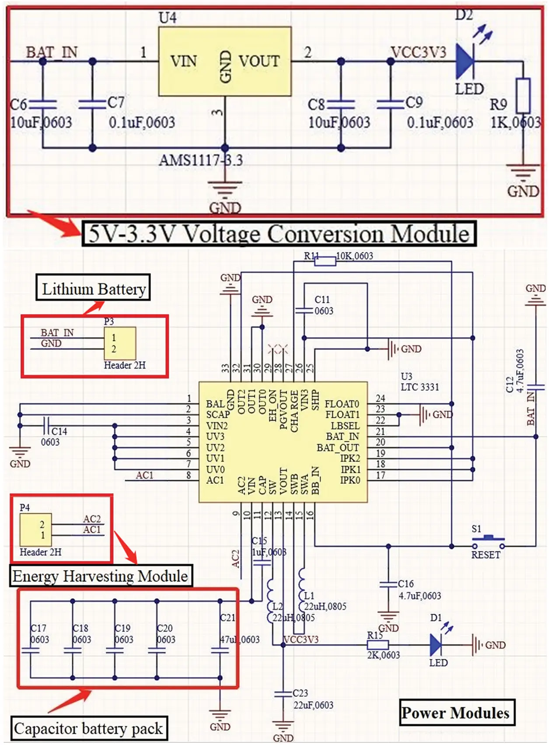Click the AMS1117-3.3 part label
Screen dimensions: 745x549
tap(200, 160)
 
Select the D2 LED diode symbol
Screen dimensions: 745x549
tap(465, 61)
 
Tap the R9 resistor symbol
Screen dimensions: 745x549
tap(523, 96)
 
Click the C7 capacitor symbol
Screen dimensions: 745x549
tap(92, 104)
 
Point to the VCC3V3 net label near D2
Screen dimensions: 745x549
tap(419, 52)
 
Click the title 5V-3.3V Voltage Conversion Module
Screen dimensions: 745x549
tap(279, 234)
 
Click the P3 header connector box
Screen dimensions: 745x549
tap(119, 343)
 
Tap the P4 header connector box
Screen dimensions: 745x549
tap(35, 529)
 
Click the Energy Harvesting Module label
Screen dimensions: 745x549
tap(100, 576)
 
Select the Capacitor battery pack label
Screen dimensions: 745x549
tap(88, 728)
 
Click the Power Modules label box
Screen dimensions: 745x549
tap(455, 713)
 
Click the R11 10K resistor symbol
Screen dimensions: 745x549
tap(325, 262)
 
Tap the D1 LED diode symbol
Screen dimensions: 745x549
tap(435, 644)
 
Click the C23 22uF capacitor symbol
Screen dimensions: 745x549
tap(283, 694)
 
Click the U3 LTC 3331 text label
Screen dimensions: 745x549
tap(419, 382)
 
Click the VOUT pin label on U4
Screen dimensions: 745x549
tap(259, 61)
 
